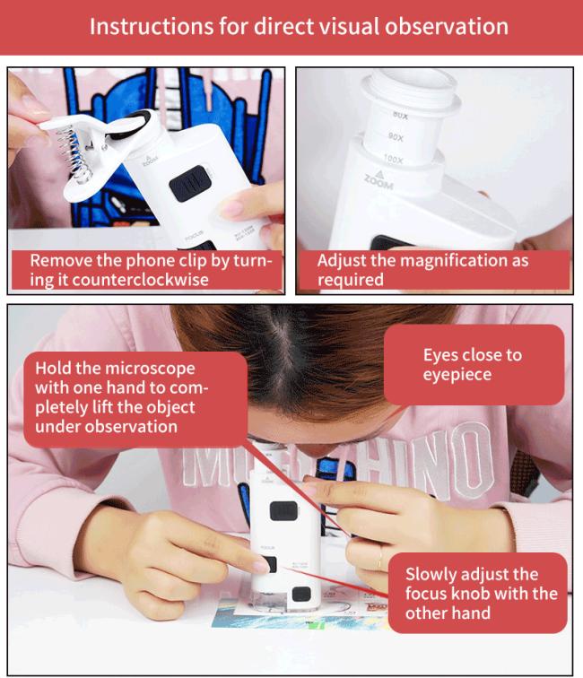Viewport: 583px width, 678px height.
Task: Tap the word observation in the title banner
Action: click(x=447, y=26)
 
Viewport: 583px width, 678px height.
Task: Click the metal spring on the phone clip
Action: click(x=74, y=152)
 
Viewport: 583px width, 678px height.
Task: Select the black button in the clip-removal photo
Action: click(x=190, y=183)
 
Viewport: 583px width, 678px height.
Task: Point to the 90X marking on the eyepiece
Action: click(x=396, y=137)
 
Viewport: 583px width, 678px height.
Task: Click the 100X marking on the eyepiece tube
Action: click(x=393, y=159)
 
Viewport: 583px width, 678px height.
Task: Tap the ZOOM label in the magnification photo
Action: click(x=379, y=181)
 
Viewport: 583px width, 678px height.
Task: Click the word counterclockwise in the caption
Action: click(x=140, y=280)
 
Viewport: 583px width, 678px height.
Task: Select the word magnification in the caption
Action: click(x=450, y=261)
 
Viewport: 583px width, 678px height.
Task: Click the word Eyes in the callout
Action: click(x=441, y=355)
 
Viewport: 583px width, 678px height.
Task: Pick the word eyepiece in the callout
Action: click(x=457, y=375)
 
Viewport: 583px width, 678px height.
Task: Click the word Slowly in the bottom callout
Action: click(x=429, y=575)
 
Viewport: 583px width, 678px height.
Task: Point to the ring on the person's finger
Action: click(x=379, y=557)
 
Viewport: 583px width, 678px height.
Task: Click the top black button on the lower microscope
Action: click(x=283, y=510)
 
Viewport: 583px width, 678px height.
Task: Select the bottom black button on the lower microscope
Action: click(x=301, y=595)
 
